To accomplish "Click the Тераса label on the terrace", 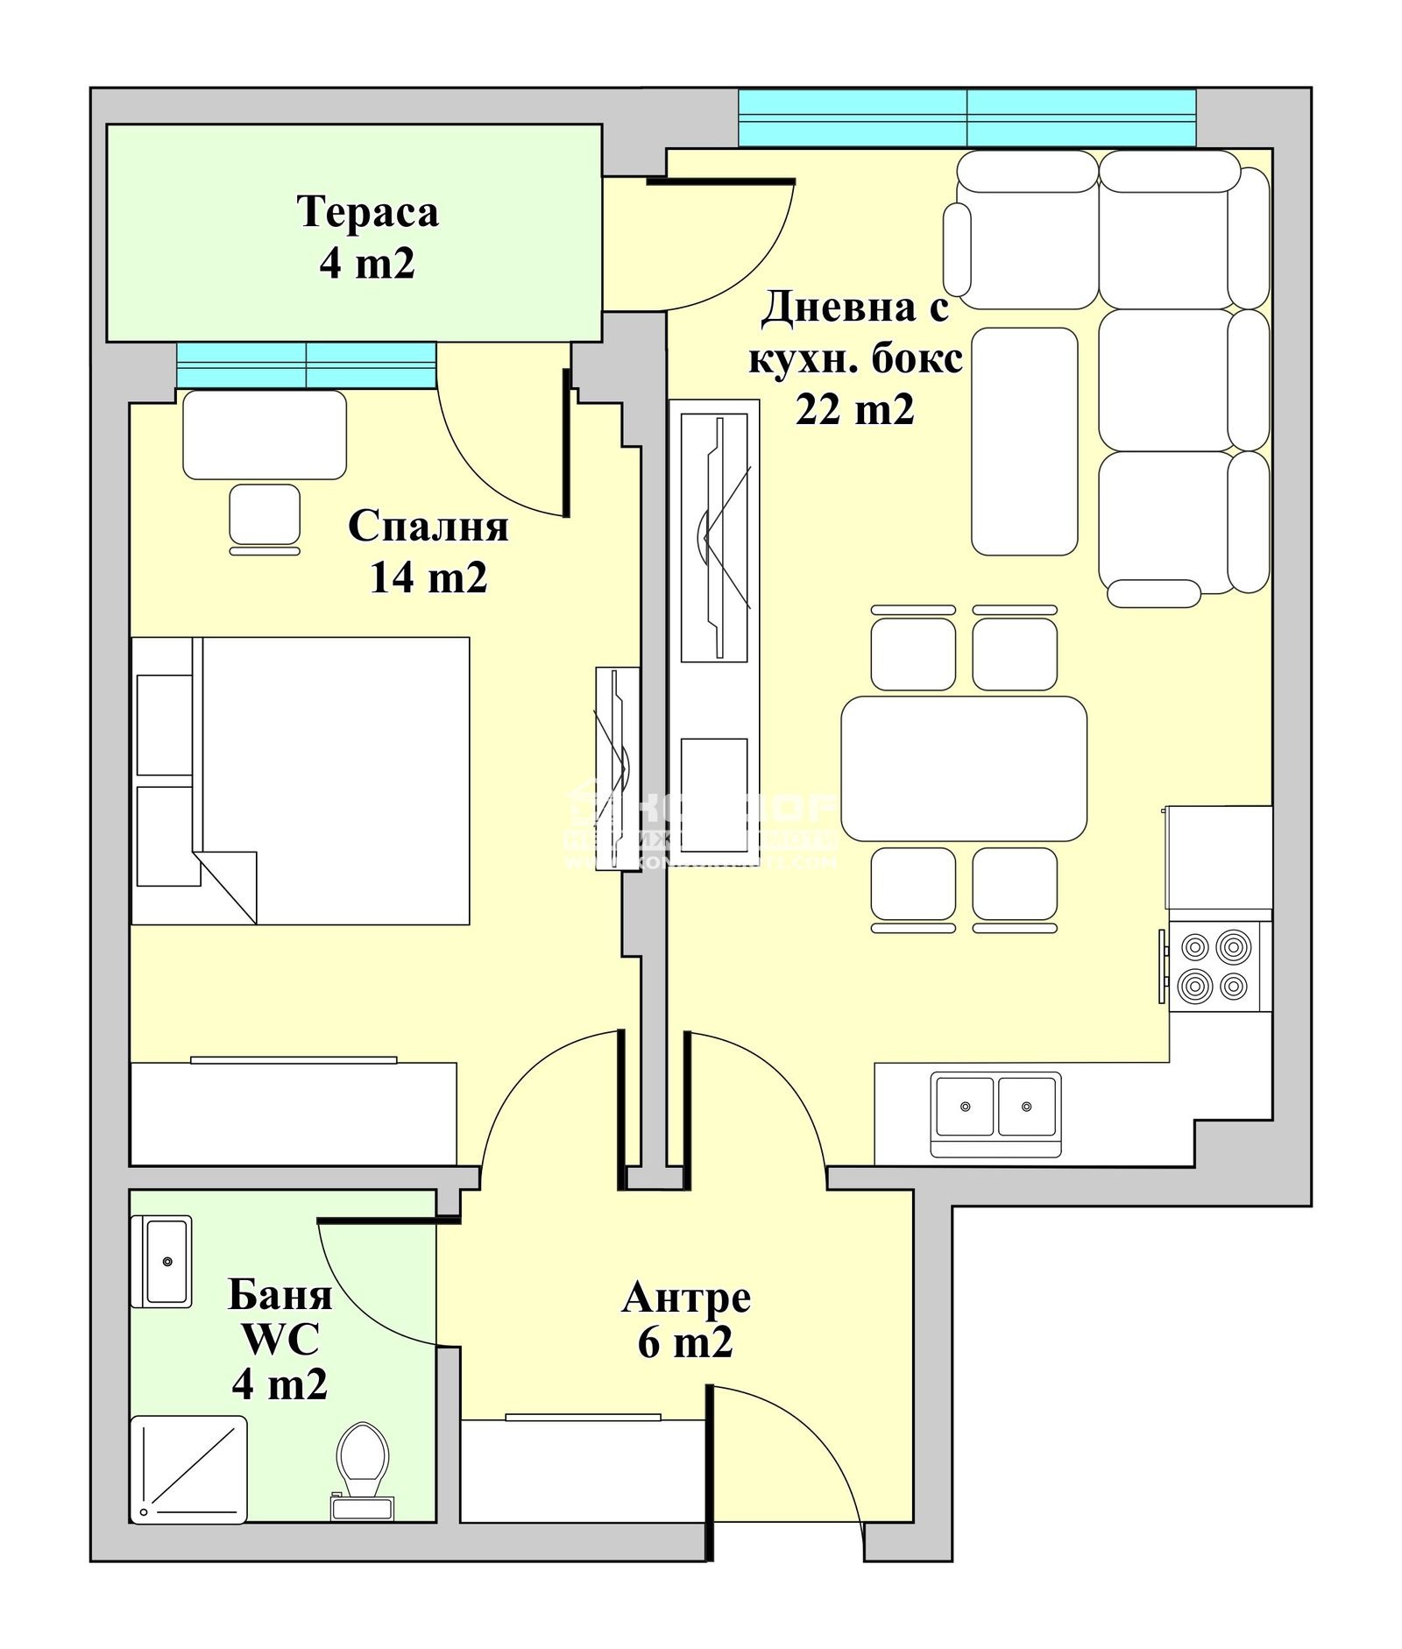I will (x=367, y=213).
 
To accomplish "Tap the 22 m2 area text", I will (x=854, y=409).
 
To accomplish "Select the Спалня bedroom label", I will (x=428, y=527).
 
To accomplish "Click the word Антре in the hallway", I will (x=686, y=1298).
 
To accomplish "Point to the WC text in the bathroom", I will (x=280, y=1339).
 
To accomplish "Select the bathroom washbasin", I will (x=161, y=1261).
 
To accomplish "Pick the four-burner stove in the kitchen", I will (x=1214, y=966).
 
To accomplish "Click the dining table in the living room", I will (x=964, y=768).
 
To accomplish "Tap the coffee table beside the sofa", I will (x=1024, y=441).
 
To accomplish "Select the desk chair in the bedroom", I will (x=265, y=515).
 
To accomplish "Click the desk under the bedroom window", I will (x=264, y=434).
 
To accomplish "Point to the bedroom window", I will (x=306, y=364).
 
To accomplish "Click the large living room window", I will (x=967, y=118).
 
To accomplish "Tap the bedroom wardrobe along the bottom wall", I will (x=293, y=1113).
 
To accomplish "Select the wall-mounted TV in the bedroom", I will (x=618, y=768).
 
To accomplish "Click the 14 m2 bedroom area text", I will (x=428, y=577).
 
